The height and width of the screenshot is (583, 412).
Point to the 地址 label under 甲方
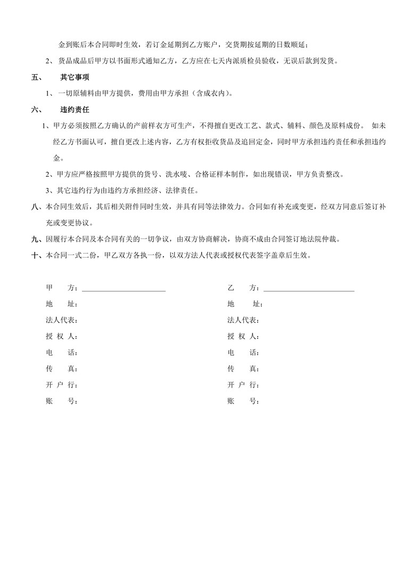[62, 305]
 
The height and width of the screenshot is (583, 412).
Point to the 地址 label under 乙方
[244, 305]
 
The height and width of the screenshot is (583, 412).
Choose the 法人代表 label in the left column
[62, 321]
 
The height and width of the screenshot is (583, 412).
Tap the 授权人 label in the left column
[62, 336]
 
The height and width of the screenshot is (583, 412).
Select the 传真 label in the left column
[62, 368]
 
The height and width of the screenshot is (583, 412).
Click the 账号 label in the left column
[62, 400]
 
